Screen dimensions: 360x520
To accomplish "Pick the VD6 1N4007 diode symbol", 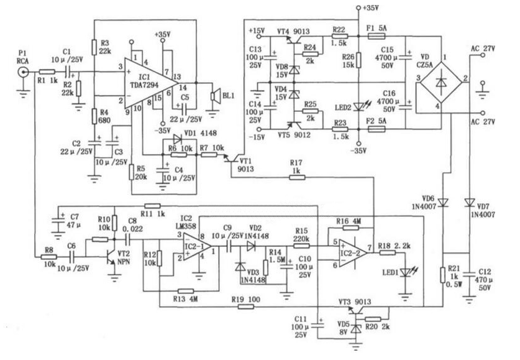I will tap(443, 201).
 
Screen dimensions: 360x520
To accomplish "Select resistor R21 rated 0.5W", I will tap(443, 273).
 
